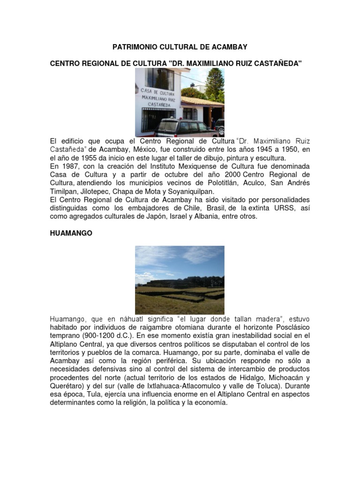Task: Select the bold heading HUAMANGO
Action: pos(71,233)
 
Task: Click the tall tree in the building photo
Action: pos(215,84)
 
